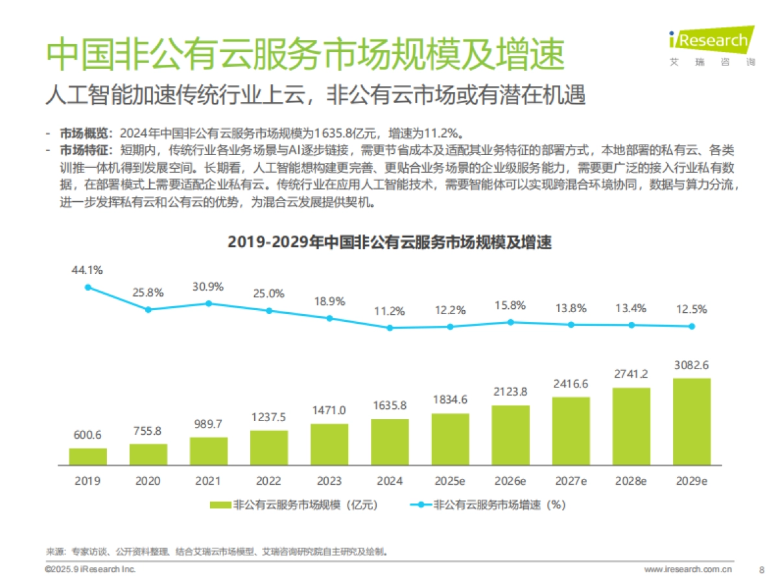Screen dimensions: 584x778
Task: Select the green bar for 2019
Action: coord(88,456)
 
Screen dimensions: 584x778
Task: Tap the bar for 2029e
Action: coord(691,421)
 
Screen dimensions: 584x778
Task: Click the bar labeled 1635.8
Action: coord(390,442)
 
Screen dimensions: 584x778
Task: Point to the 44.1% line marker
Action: coord(88,287)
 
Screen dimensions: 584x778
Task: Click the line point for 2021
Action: coord(209,303)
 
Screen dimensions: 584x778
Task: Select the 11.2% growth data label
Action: coord(390,311)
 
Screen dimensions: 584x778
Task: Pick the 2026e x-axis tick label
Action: coord(510,481)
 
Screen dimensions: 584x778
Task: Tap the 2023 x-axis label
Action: coord(329,481)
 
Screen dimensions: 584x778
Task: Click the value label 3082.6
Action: coord(691,365)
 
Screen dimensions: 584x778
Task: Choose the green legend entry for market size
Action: coord(293,504)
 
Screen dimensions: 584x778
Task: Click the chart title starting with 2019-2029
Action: coord(389,243)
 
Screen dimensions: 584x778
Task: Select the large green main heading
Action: coord(305,55)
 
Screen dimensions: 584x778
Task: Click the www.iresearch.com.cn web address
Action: coord(688,570)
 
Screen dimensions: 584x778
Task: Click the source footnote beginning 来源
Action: coord(217,552)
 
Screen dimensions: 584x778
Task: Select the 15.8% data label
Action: coord(510,306)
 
